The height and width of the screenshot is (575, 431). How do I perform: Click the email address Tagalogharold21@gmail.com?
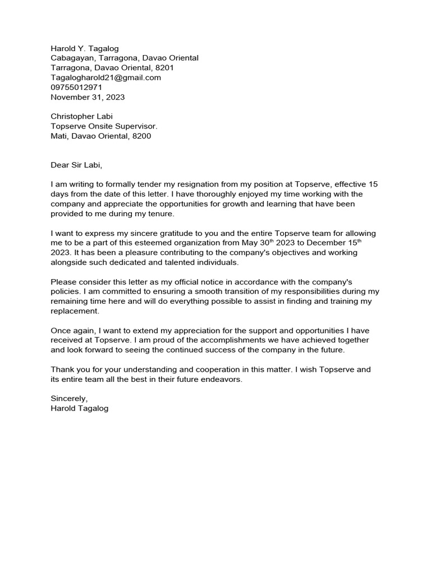(x=106, y=77)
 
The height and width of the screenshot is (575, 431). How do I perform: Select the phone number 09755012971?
(x=76, y=87)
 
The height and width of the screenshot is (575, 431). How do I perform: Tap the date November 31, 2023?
(x=88, y=97)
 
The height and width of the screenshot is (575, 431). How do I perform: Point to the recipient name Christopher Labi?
(x=82, y=116)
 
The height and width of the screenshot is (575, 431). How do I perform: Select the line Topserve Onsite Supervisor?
(x=100, y=126)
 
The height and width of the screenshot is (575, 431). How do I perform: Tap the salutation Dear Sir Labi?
(x=77, y=165)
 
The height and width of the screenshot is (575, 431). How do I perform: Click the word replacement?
(x=75, y=311)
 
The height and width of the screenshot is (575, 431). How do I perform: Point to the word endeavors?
(x=222, y=379)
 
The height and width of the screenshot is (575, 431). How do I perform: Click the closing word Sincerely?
(x=69, y=398)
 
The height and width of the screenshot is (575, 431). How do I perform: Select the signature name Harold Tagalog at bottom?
(x=79, y=408)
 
